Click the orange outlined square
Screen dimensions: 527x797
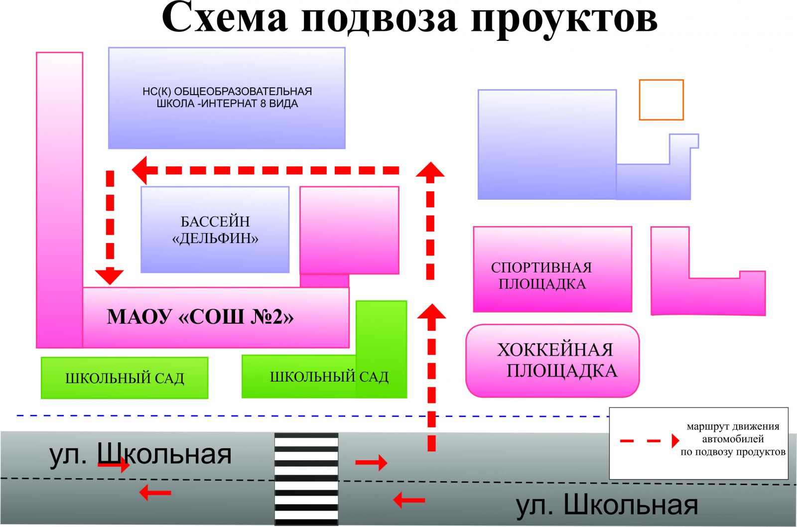(661, 100)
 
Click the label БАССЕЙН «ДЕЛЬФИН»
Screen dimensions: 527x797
(215, 230)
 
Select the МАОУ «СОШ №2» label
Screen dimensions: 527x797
(200, 317)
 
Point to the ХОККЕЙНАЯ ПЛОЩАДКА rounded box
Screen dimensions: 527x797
(552, 361)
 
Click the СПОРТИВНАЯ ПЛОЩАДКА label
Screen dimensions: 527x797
(541, 275)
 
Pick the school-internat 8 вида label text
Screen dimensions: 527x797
(227, 98)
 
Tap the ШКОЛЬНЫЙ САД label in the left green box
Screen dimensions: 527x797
(125, 378)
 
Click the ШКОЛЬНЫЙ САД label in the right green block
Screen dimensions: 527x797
(329, 377)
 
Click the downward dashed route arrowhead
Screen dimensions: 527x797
(109, 276)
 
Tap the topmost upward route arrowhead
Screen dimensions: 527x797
(430, 169)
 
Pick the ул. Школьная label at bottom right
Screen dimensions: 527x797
(607, 505)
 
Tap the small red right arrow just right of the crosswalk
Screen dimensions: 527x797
(371, 462)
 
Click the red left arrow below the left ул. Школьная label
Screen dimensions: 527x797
(155, 493)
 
